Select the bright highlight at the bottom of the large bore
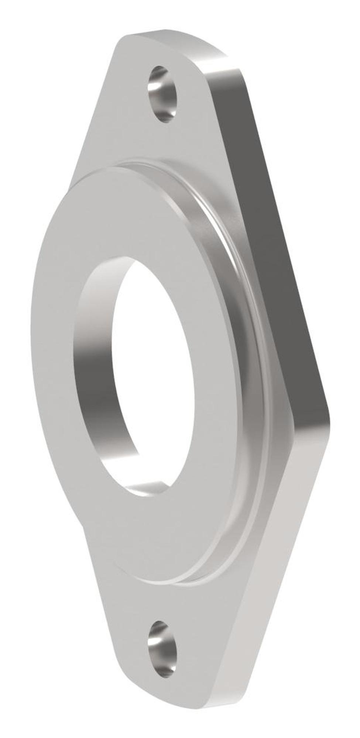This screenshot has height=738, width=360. click(148, 487)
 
